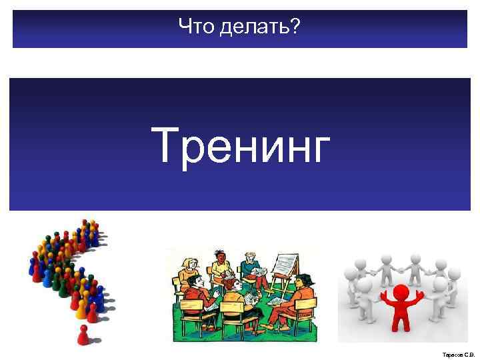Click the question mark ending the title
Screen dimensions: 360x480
295,28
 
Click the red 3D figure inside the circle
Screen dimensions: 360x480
401,307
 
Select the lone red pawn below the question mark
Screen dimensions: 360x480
83,335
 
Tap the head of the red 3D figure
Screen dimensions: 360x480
401,291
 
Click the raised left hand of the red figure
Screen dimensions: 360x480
383,294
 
